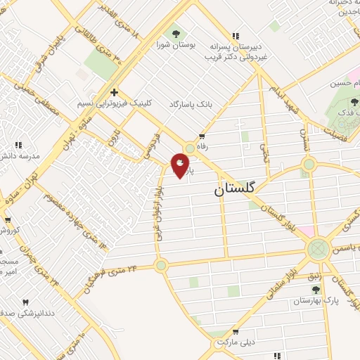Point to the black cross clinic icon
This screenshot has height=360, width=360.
click(114, 91)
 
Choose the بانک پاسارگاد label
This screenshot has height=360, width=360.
click(189, 104)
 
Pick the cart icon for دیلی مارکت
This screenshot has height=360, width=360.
click(236, 330)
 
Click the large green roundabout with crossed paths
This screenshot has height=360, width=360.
click(318, 247)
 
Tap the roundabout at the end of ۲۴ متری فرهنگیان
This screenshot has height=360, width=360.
click(162, 264)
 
